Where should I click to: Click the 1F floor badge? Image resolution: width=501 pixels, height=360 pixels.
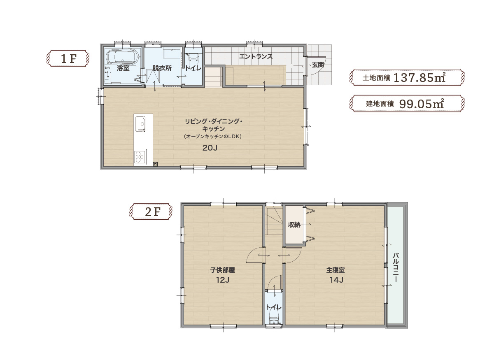tap(69, 58)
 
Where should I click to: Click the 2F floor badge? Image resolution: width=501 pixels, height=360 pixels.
tap(151, 211)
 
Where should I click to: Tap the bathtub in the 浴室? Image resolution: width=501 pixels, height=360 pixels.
tap(123, 57)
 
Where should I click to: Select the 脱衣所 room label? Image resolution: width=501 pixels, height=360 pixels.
tap(162, 68)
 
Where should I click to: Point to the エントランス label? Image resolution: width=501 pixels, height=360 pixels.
tap(256, 56)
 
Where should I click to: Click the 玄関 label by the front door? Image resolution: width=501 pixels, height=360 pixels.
tap(318, 65)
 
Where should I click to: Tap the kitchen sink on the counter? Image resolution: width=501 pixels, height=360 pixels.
tap(140, 124)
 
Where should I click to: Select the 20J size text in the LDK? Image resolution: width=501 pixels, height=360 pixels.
tap(210, 148)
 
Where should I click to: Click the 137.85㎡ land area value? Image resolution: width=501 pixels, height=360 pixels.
tap(419, 77)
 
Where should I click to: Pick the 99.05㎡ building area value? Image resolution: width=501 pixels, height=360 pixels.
tap(422, 104)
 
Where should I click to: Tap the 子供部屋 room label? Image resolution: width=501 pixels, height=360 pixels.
tap(223, 270)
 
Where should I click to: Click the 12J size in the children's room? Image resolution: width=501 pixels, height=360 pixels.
tap(223, 280)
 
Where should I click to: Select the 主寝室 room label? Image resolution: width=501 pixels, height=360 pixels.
tap(336, 270)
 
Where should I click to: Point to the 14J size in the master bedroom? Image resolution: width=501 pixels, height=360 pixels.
tap(336, 280)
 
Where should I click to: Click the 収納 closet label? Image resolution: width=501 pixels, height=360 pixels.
tap(294, 225)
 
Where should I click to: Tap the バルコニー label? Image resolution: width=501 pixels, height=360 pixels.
tap(396, 267)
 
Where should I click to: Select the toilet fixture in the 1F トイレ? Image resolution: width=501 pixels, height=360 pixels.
tap(194, 57)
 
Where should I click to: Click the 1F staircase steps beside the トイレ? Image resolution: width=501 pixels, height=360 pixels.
tap(214, 77)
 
